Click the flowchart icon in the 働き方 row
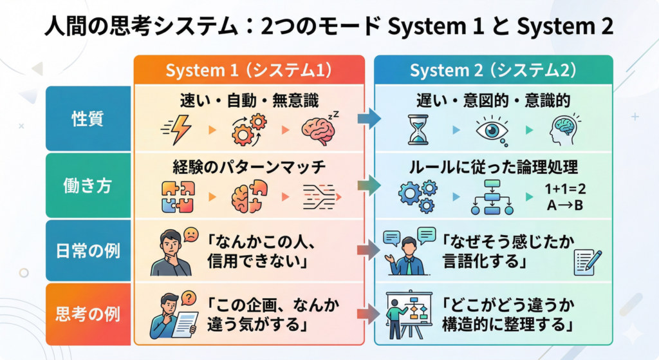tap(492, 197)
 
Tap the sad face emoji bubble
tap(191, 234)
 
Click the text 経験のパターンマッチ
tap(250, 167)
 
